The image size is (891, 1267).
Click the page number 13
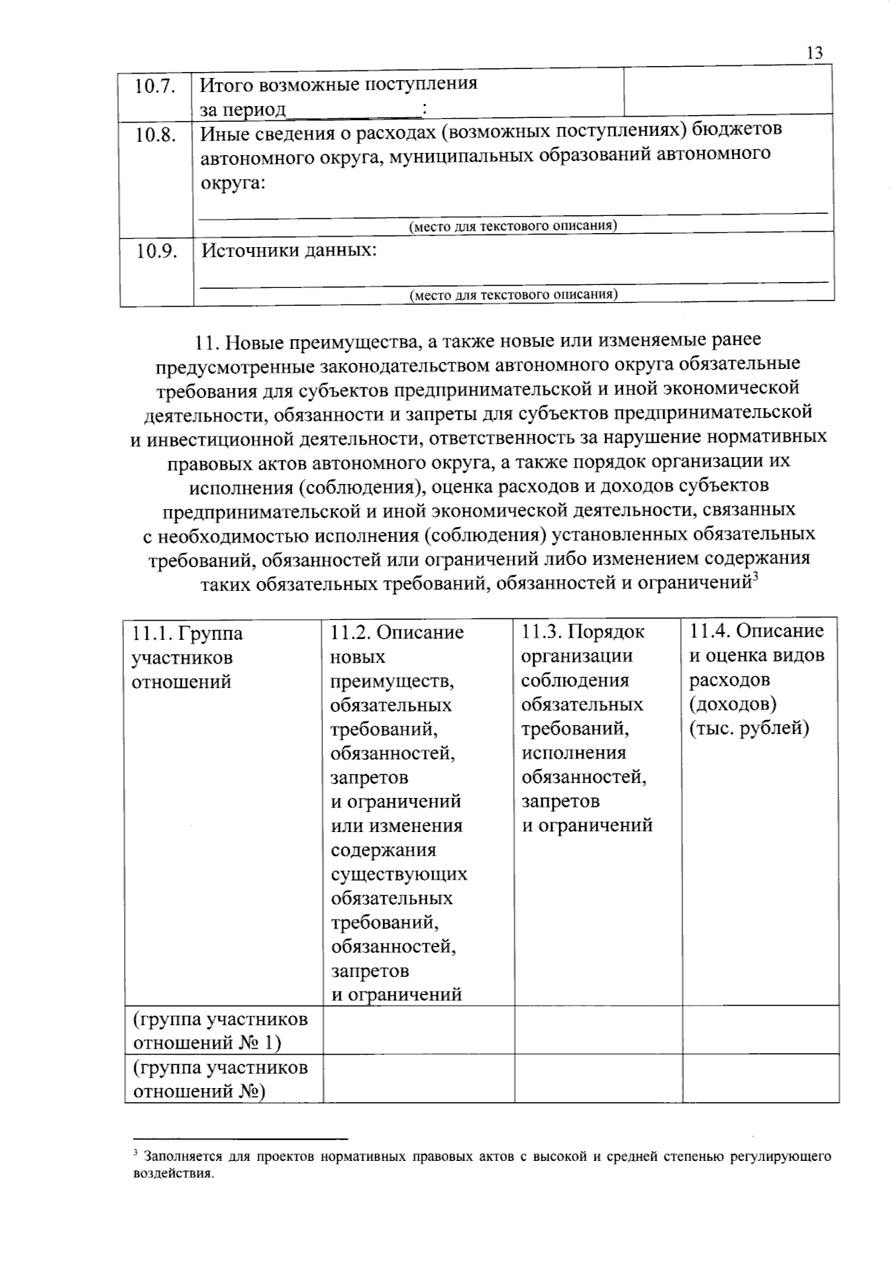pyautogui.click(x=814, y=53)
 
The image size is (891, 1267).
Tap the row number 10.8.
pyautogui.click(x=155, y=135)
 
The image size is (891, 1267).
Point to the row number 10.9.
pyautogui.click(x=155, y=251)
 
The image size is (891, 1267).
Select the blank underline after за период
pyautogui.click(x=353, y=111)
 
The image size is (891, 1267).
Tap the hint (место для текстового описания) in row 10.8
pyautogui.click(x=513, y=226)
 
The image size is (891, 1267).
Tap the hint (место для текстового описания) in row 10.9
pyautogui.click(x=513, y=295)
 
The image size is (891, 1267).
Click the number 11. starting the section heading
pyautogui.click(x=206, y=342)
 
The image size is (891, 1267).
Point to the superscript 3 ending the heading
pyautogui.click(x=754, y=579)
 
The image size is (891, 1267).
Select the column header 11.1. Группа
pyautogui.click(x=187, y=633)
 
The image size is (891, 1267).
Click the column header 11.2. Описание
pyautogui.click(x=396, y=632)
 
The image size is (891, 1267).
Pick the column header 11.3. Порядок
pyautogui.click(x=583, y=632)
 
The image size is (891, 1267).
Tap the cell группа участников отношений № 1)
pyautogui.click(x=220, y=1030)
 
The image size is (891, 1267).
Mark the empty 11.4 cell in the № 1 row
pyautogui.click(x=760, y=1030)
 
